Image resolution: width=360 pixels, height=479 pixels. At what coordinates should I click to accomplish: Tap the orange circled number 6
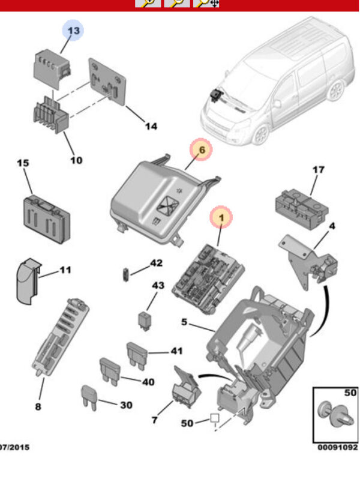(x=201, y=150)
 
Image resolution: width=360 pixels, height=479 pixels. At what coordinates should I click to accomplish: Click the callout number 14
(x=151, y=126)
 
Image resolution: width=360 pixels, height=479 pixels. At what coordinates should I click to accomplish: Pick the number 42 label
(x=156, y=263)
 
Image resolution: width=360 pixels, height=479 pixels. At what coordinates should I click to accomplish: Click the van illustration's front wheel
(x=260, y=134)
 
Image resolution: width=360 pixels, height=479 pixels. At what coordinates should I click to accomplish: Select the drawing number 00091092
(x=337, y=447)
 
